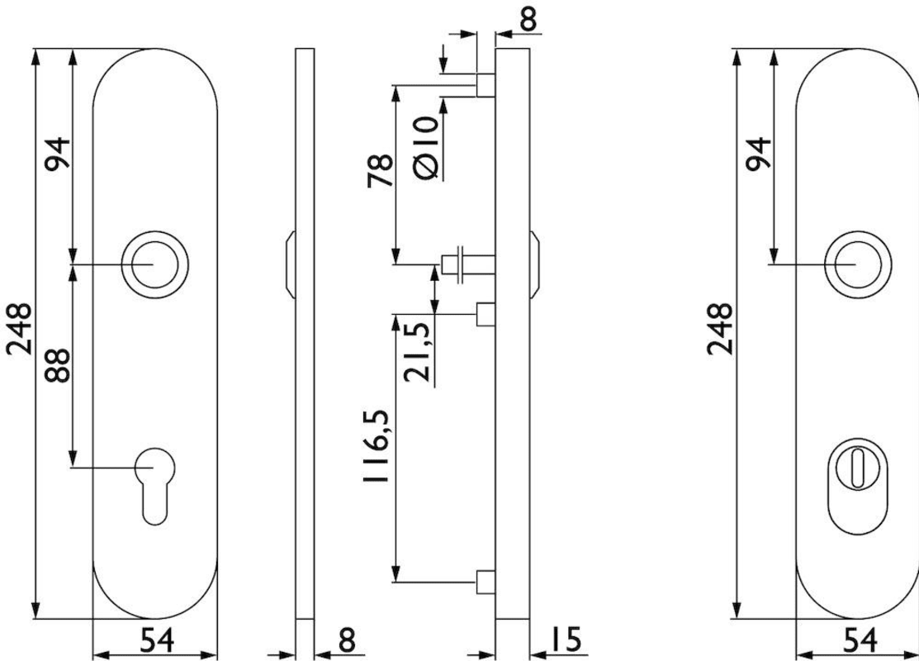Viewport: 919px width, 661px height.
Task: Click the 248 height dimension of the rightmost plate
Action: (x=719, y=329)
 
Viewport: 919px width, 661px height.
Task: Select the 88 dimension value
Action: (x=58, y=366)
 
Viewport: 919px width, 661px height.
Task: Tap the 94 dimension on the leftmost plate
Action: (x=58, y=153)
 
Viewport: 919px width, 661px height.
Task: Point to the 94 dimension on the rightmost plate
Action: (x=759, y=153)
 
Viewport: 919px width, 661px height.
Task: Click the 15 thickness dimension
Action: (x=565, y=639)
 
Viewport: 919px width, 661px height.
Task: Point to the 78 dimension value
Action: (x=381, y=171)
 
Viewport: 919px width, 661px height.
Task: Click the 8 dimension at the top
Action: (x=528, y=18)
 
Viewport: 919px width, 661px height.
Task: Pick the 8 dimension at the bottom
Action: (x=347, y=639)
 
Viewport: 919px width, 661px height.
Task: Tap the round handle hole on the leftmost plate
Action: (x=155, y=264)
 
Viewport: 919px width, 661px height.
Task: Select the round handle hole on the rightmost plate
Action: (x=858, y=264)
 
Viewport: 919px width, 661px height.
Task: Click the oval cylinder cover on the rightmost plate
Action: (x=858, y=486)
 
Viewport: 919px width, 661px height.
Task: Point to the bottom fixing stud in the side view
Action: (x=486, y=581)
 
